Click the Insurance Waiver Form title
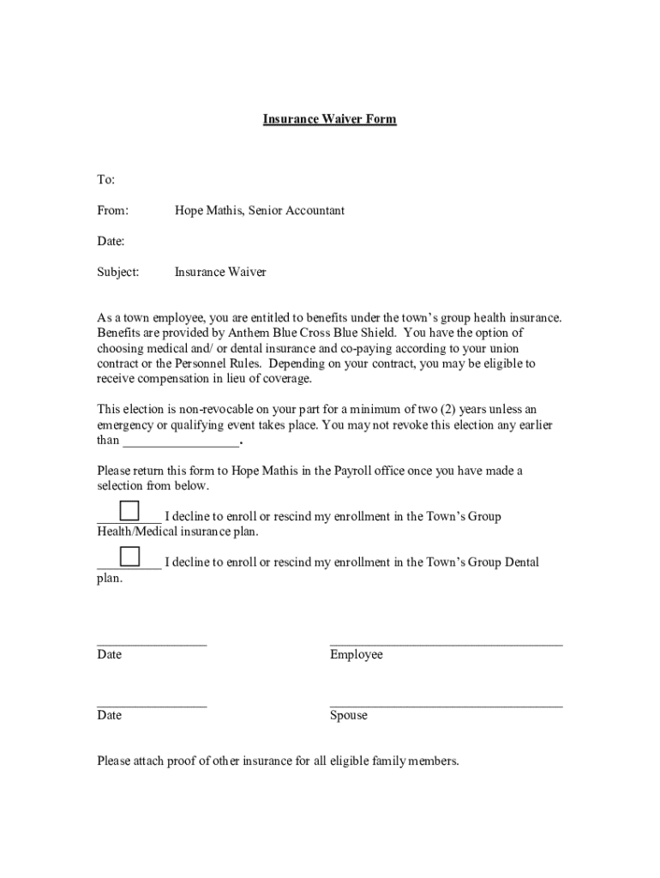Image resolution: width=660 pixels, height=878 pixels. pos(329,119)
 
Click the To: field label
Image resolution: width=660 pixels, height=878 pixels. pos(105,179)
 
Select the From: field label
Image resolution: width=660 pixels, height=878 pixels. pos(112,210)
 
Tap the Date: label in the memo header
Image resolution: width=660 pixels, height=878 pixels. pos(111,241)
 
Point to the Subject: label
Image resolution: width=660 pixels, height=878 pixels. pos(117,272)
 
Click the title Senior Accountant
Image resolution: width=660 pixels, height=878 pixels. pos(297,210)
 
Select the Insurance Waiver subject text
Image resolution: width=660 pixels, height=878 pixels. pos(220,272)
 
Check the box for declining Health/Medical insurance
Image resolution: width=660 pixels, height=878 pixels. pos(129,511)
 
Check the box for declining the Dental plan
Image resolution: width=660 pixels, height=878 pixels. pos(129,556)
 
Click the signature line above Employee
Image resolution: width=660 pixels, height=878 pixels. pos(446,642)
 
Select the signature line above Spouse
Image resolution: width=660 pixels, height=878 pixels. pos(446,704)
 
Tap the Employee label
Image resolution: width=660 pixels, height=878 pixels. pos(356,655)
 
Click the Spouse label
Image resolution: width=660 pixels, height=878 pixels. pos(348,716)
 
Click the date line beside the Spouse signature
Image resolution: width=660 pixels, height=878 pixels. pos(152,704)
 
